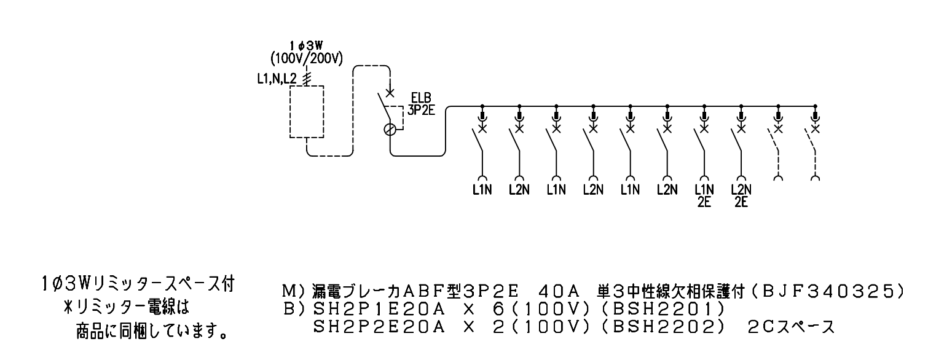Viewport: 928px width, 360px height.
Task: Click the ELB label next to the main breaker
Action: pyautogui.click(x=421, y=98)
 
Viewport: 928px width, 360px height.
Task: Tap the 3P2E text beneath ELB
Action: pyautogui.click(x=422, y=110)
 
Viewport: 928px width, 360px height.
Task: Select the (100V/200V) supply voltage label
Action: pyautogui.click(x=307, y=58)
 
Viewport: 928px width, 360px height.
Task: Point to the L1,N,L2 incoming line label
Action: pyautogui.click(x=277, y=79)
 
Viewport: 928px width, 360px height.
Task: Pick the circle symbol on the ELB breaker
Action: pyautogui.click(x=390, y=130)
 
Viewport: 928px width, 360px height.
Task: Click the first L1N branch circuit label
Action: pyautogui.click(x=482, y=190)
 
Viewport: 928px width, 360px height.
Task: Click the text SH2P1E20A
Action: pyautogui.click(x=379, y=308)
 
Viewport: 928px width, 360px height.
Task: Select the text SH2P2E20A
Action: pyautogui.click(x=379, y=327)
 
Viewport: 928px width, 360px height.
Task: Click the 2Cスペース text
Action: pyautogui.click(x=792, y=327)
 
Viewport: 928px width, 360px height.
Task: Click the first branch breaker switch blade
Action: pyautogui.click(x=478, y=141)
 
